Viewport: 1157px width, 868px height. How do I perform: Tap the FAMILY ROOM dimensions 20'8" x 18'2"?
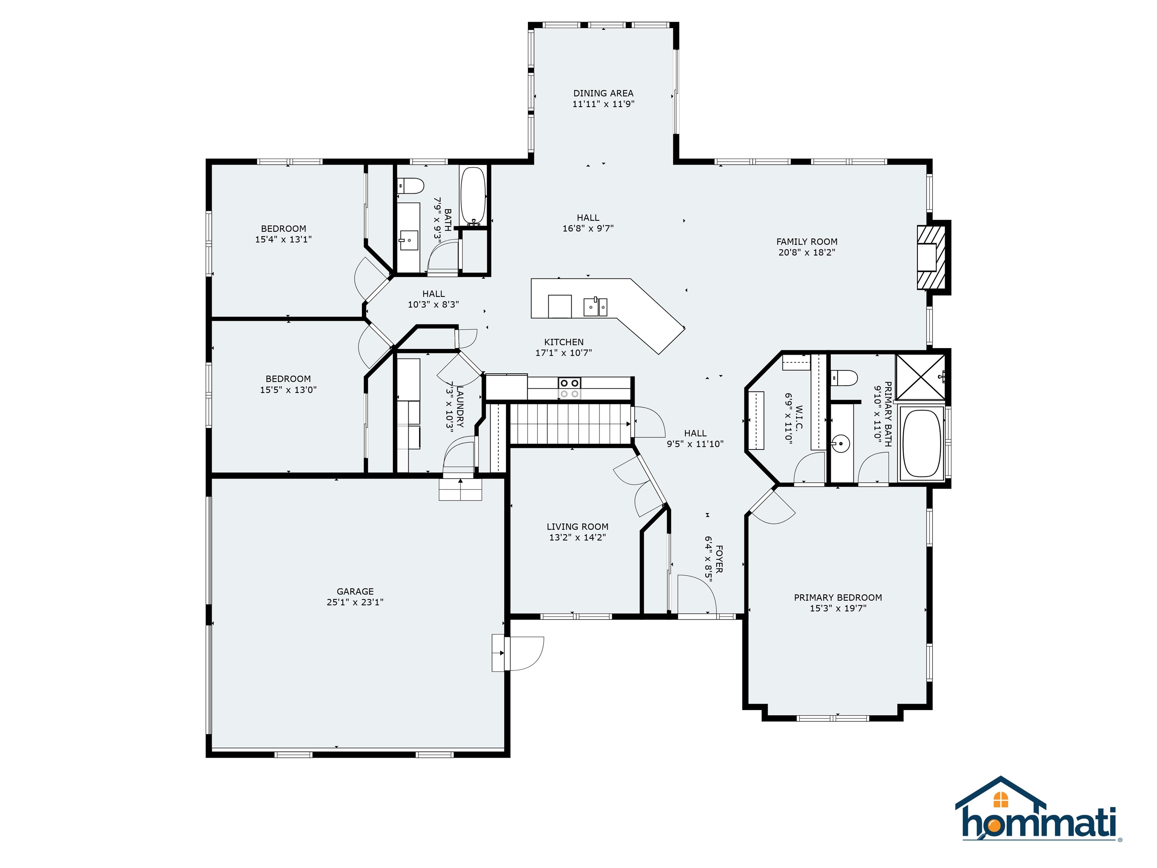coord(807,252)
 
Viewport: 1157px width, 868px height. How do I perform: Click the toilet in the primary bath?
coord(844,378)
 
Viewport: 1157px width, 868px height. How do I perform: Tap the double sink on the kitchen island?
coord(595,307)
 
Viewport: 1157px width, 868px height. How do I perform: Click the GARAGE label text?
coord(355,591)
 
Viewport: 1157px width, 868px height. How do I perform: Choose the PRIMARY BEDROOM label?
coord(838,598)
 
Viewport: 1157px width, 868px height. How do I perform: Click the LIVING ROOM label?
coord(577,527)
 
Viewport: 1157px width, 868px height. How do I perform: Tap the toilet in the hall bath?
coord(410,185)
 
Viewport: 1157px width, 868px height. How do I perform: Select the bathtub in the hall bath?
coord(473,196)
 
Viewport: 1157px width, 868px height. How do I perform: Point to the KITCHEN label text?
coord(564,342)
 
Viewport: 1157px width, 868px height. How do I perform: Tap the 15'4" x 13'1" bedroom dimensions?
coord(284,239)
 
